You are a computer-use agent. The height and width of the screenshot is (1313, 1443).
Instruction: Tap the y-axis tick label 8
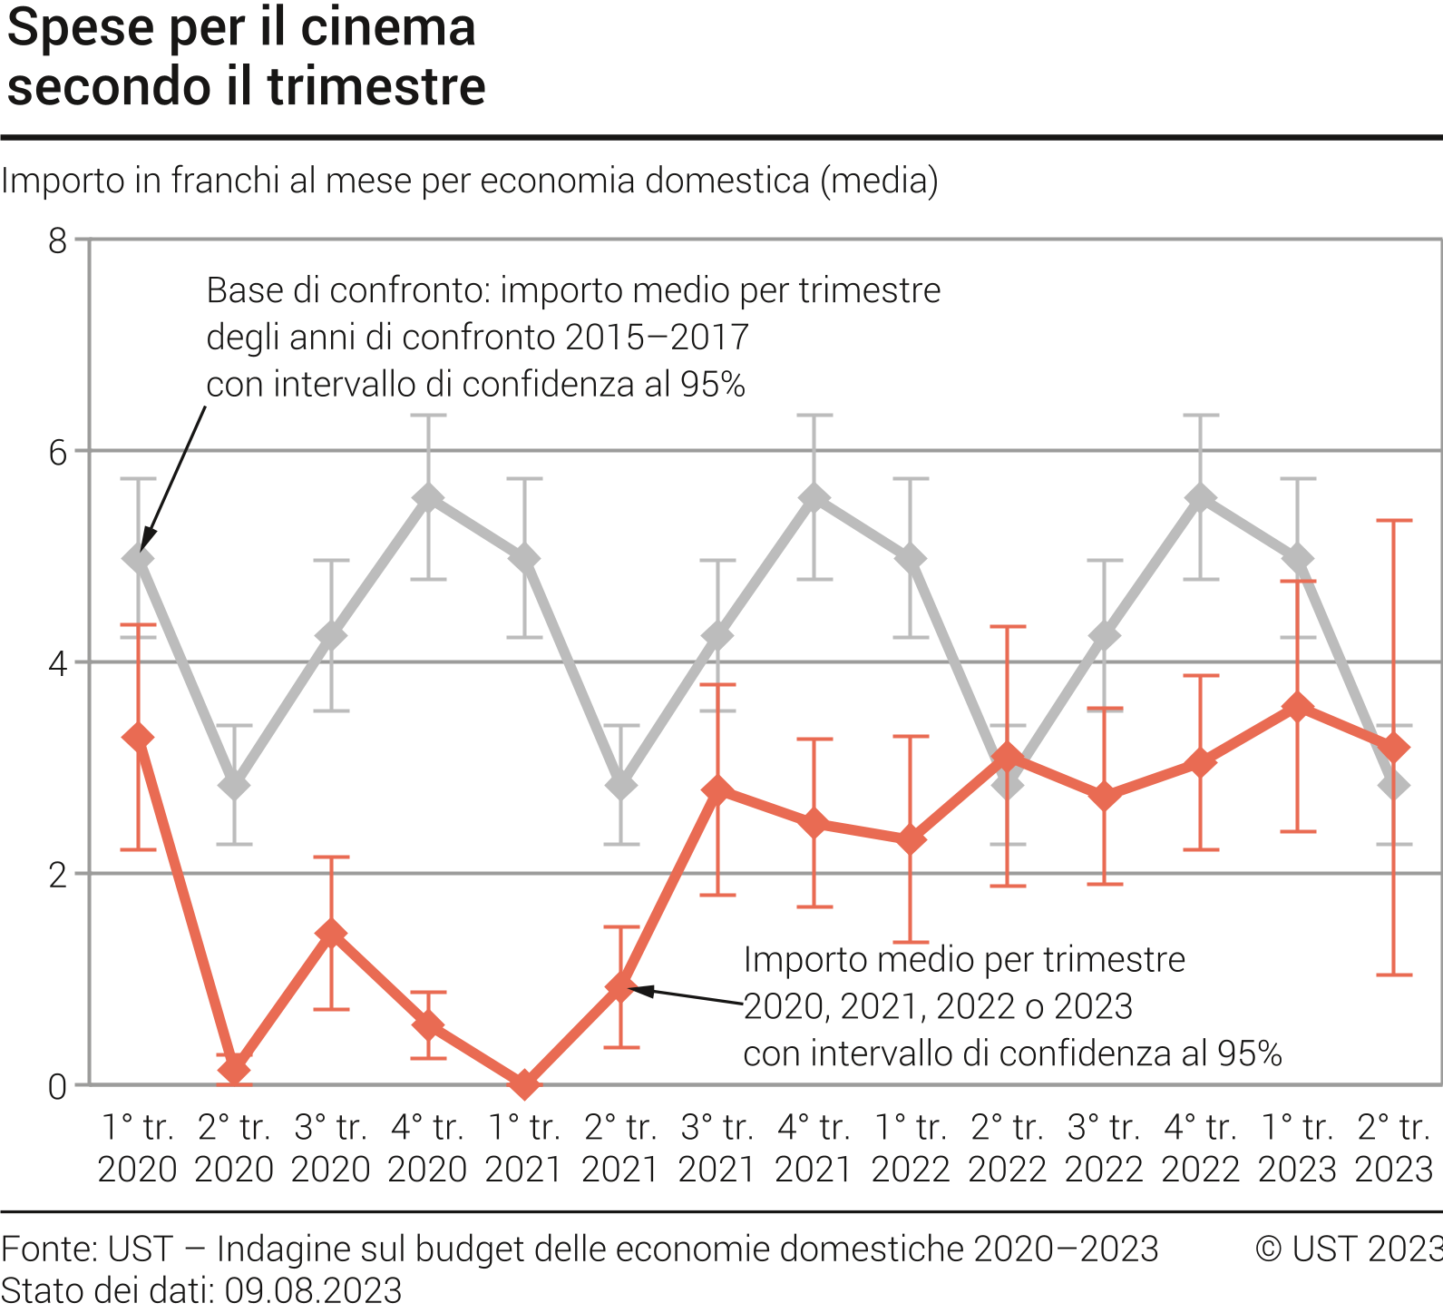(58, 241)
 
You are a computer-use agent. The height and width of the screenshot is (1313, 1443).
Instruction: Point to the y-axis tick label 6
(58, 452)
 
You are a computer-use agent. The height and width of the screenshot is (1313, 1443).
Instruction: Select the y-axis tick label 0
(58, 1086)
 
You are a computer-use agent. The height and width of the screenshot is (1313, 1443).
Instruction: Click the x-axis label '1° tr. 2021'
(523, 1148)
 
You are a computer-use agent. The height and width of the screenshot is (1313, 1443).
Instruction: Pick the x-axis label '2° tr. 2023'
(1393, 1148)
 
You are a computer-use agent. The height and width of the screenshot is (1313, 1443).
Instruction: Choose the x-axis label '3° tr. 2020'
(330, 1148)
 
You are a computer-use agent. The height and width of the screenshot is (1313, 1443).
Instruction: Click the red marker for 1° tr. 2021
(524, 1083)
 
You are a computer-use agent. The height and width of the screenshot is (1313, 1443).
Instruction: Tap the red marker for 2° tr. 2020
(234, 1069)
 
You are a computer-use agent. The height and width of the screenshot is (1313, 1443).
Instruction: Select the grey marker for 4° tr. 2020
(428, 498)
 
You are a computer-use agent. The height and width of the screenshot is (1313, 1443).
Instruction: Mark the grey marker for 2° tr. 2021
(621, 785)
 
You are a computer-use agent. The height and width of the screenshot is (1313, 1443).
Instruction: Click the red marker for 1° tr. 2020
(138, 738)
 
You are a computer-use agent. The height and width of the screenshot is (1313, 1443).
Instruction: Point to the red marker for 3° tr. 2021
(717, 790)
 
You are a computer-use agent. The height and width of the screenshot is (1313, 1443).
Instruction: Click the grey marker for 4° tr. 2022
(1201, 498)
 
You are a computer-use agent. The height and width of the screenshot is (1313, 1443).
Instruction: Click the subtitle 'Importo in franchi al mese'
(469, 181)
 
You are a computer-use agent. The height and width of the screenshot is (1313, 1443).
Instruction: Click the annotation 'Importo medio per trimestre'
(964, 959)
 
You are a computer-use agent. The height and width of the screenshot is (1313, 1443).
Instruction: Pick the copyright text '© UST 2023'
(1348, 1249)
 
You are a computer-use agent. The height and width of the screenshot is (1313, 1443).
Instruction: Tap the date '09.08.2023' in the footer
(313, 1290)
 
